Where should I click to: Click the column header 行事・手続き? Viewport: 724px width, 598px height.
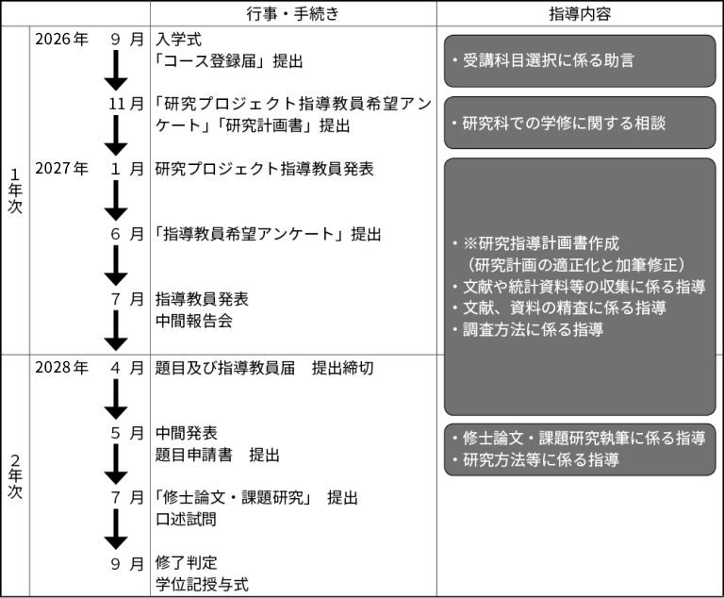[x=292, y=14]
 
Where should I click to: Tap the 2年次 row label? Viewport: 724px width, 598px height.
[x=15, y=476]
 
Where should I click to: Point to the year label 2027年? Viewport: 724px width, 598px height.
[x=61, y=169]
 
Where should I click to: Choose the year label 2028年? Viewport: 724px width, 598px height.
[x=61, y=368]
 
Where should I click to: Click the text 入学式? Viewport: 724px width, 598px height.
[x=179, y=40]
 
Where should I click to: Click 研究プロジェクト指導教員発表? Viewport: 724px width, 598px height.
[x=264, y=169]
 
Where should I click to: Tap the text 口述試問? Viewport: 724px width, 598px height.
[x=186, y=520]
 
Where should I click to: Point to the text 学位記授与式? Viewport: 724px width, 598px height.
[x=202, y=585]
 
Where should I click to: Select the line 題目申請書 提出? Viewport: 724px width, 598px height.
[x=218, y=456]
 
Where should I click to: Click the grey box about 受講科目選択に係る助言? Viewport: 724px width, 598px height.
[x=579, y=60]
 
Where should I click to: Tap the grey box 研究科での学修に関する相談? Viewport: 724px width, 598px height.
[x=579, y=123]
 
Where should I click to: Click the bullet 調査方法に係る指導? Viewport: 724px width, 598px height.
[x=533, y=330]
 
